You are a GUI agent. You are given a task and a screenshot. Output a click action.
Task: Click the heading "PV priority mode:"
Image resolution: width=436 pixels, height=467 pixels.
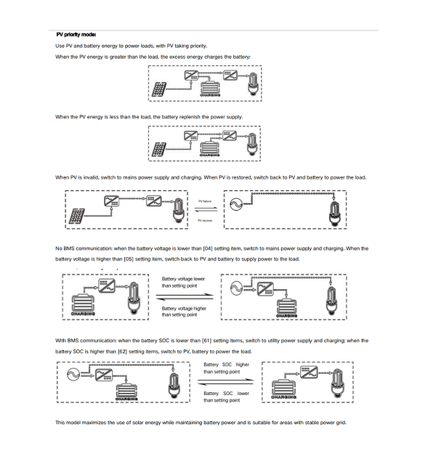[76, 34]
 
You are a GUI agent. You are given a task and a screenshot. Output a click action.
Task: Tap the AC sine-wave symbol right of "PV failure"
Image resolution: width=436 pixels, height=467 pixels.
[236, 206]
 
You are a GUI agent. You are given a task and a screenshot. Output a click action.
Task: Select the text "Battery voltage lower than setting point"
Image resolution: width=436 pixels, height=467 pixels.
[183, 282]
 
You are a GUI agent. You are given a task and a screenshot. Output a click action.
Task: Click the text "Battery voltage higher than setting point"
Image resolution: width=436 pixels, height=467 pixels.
[184, 311]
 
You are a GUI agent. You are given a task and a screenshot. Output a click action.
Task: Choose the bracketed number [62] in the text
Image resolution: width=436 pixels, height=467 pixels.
[116, 351]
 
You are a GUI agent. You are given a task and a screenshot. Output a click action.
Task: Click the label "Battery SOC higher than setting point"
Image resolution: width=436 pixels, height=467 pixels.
[226, 367]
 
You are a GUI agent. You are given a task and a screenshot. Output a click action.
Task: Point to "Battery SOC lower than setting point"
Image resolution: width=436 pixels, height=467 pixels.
[226, 397]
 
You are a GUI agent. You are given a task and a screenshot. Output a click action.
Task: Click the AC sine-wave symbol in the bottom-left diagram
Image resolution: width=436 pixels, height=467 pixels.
[72, 374]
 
